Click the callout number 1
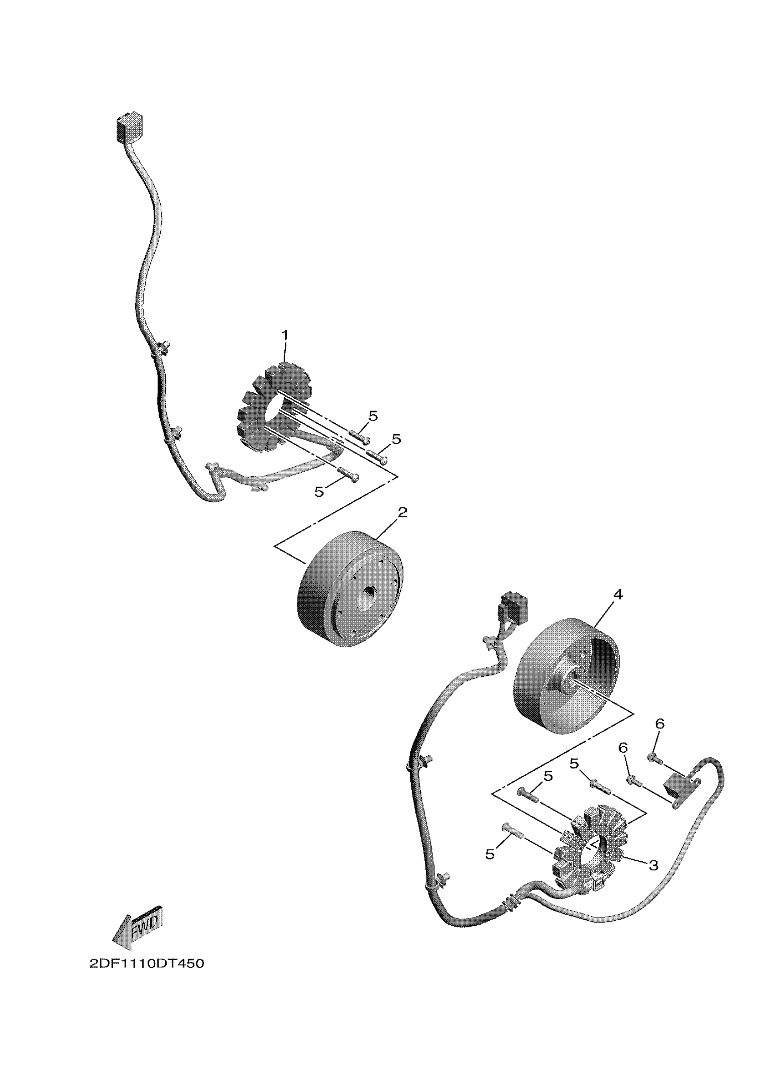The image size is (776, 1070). coord(284,336)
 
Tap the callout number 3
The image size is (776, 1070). coord(653,865)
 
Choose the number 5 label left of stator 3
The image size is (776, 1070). coord(490,854)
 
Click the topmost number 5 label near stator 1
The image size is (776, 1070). coord(373,416)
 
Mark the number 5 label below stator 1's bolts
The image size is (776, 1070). coord(319,492)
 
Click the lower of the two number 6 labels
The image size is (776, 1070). coord(623,748)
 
